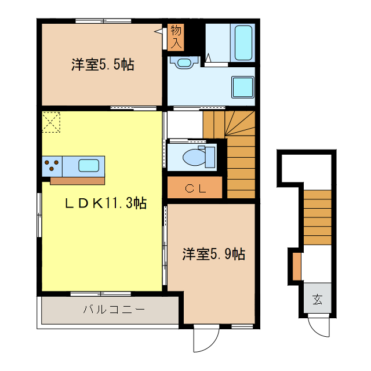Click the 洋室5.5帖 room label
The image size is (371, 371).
(102, 64)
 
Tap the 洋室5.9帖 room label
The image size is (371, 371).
(213, 254)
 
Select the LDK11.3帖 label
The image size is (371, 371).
(105, 203)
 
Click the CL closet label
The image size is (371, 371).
(195, 187)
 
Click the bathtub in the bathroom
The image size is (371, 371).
(242, 42)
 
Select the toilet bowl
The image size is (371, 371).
(194, 157)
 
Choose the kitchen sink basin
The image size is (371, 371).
(88, 165)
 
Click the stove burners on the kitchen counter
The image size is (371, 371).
(51, 165)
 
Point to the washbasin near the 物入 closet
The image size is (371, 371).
(184, 61)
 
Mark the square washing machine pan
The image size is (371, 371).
(242, 88)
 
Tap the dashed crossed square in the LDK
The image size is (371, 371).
(50, 122)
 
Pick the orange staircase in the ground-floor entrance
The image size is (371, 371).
(317, 217)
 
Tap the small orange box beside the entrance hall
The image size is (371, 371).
(297, 265)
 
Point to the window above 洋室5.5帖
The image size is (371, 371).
(103, 21)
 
